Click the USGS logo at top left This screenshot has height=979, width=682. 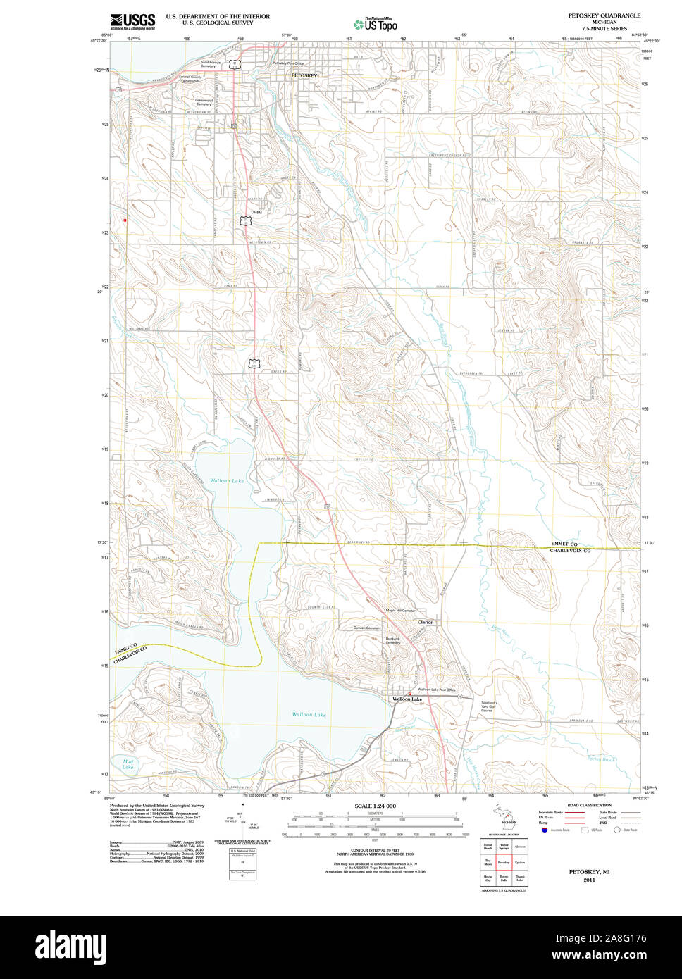(x=132, y=20)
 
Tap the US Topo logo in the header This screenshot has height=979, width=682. (x=376, y=24)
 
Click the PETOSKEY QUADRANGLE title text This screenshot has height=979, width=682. (x=604, y=15)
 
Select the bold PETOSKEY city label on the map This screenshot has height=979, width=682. (x=304, y=75)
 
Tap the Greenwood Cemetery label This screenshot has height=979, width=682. (x=204, y=102)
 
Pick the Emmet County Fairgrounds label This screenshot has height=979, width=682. (x=190, y=79)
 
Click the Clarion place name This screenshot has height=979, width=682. (x=426, y=622)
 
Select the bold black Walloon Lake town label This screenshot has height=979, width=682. (x=407, y=699)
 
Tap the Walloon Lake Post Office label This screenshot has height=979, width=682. (x=437, y=690)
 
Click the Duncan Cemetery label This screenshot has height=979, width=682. (x=367, y=628)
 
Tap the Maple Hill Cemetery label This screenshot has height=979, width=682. (x=402, y=610)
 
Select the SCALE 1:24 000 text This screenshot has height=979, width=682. (x=375, y=806)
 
